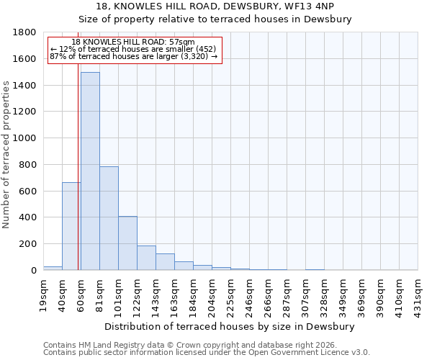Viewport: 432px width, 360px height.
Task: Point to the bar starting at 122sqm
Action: click(x=146, y=258)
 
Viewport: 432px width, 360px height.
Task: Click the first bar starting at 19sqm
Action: click(x=53, y=268)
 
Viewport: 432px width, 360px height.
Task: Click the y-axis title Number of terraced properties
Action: click(x=7, y=155)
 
